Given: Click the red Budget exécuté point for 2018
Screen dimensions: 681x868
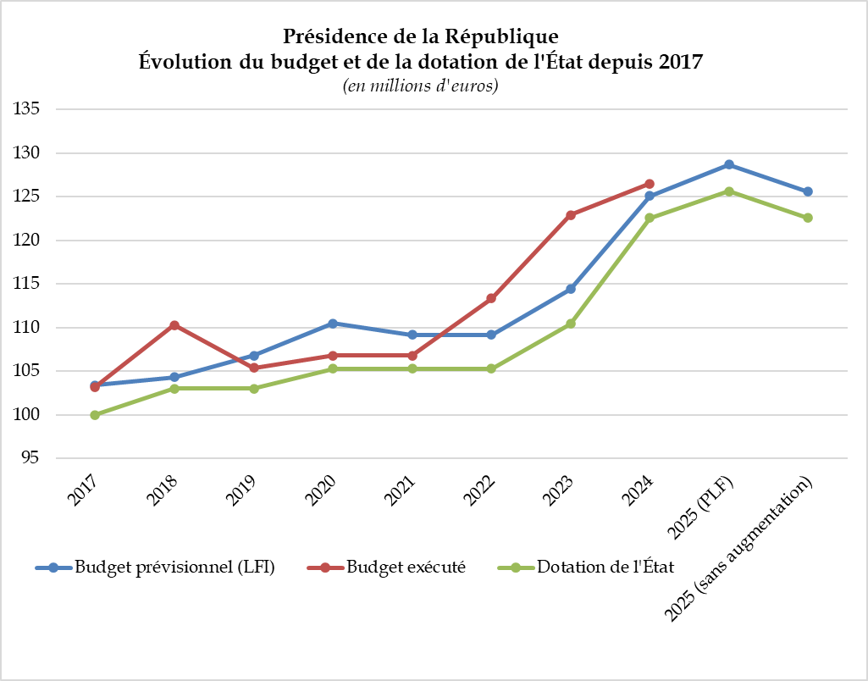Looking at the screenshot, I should click(x=174, y=325).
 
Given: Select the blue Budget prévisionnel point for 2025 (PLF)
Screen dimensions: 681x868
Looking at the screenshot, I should click(x=729, y=164).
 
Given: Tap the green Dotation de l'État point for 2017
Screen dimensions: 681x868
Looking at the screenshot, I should click(x=95, y=415).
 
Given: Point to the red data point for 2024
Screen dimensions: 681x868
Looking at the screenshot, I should click(x=650, y=184).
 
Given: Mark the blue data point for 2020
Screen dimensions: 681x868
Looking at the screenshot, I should click(x=333, y=324).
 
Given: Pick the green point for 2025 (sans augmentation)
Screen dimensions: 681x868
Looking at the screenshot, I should click(x=808, y=218).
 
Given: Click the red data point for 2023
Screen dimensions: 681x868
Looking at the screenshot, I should click(x=571, y=215).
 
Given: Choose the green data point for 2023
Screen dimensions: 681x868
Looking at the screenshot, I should click(x=571, y=324).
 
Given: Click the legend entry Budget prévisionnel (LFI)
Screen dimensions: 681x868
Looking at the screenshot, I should click(x=174, y=567).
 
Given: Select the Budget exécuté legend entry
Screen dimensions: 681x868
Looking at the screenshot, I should click(x=406, y=567).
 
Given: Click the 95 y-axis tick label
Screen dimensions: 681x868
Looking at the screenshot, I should click(x=32, y=458).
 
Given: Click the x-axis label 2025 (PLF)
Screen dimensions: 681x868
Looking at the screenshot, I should click(x=701, y=507).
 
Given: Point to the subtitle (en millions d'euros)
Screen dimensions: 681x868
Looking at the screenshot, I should click(x=420, y=86).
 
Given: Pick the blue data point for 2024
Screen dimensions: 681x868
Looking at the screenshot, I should click(x=650, y=197).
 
